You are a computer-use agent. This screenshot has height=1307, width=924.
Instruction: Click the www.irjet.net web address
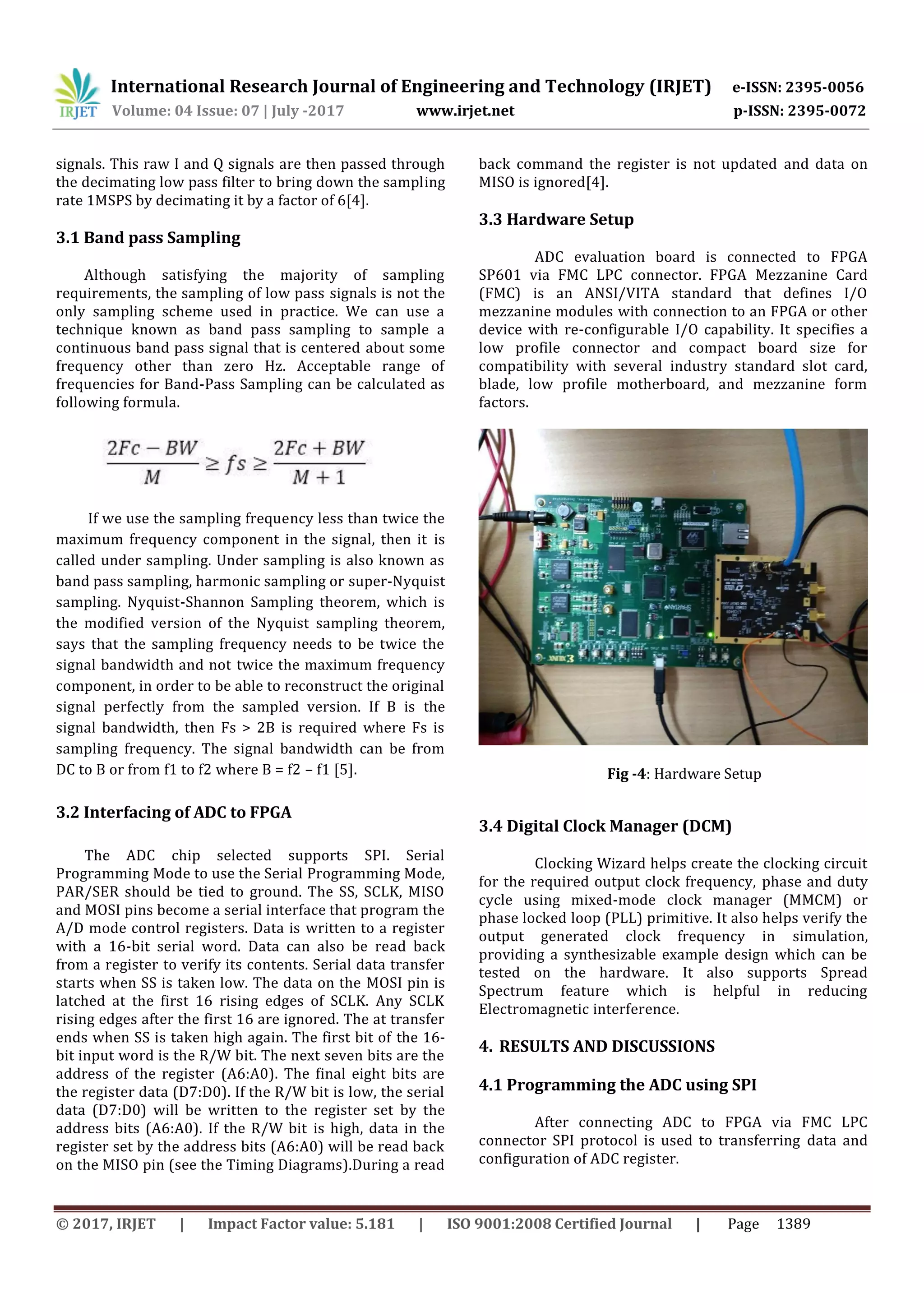[465, 111]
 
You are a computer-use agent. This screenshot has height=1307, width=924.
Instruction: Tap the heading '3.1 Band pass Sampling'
[148, 237]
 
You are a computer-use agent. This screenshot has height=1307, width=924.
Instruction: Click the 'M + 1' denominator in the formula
[319, 477]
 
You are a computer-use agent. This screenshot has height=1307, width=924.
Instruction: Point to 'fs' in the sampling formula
[235, 463]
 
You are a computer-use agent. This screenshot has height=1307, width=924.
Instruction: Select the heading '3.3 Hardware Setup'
[556, 219]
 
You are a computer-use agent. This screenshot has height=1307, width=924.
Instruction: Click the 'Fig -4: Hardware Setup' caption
[684, 774]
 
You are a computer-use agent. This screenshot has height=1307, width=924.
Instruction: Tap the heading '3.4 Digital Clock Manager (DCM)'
[605, 826]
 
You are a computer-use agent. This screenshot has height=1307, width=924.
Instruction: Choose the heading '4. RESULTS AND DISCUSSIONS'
[596, 1046]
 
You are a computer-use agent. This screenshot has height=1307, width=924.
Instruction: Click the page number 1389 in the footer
[793, 1224]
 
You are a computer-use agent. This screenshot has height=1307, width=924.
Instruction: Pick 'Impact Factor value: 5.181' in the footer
[300, 1224]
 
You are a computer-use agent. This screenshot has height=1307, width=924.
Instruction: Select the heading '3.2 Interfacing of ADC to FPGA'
[173, 813]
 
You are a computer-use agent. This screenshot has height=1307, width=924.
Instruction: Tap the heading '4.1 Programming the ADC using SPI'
[617, 1085]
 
